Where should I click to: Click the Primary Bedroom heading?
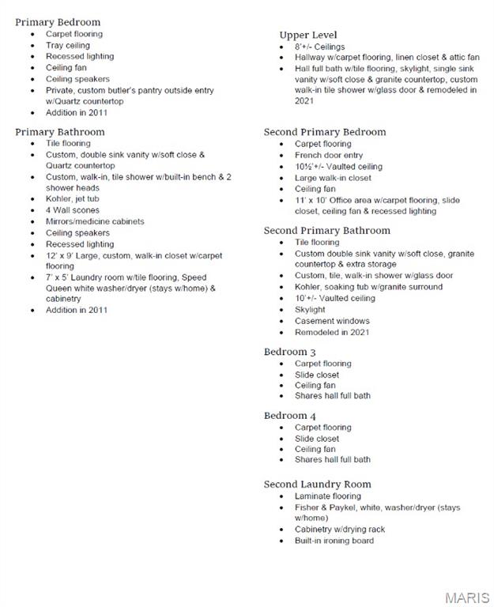pyautogui.click(x=58, y=22)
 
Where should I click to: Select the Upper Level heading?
pyautogui.click(x=307, y=35)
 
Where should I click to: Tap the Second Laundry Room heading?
pyautogui.click(x=317, y=484)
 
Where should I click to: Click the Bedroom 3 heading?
pyautogui.click(x=290, y=352)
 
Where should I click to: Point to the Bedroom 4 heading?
pyautogui.click(x=290, y=416)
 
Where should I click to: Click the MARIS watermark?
pyautogui.click(x=467, y=597)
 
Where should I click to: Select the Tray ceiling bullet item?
pyautogui.click(x=68, y=46)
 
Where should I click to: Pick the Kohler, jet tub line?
pyautogui.click(x=73, y=199)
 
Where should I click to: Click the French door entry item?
pyautogui.click(x=329, y=156)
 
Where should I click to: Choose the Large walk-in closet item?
pyautogui.click(x=333, y=178)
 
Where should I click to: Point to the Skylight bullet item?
pyautogui.click(x=310, y=310)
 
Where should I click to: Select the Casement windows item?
pyautogui.click(x=332, y=321)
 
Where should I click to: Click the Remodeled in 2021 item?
pyautogui.click(x=332, y=332)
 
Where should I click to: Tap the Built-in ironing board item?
pyautogui.click(x=334, y=541)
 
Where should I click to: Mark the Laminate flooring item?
pyautogui.click(x=327, y=496)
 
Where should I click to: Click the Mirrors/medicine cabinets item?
pyautogui.click(x=95, y=221)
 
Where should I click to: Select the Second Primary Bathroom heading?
pyautogui.click(x=326, y=230)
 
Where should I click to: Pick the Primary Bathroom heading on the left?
pyautogui.click(x=59, y=132)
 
